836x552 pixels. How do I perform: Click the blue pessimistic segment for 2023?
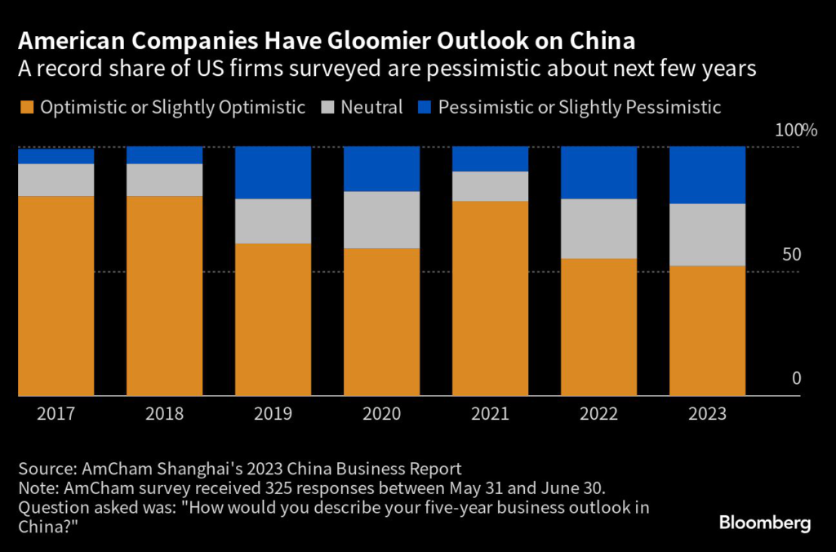pyautogui.click(x=707, y=175)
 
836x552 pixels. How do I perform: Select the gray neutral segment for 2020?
pyautogui.click(x=381, y=220)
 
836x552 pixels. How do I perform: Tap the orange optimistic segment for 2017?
pyautogui.click(x=56, y=296)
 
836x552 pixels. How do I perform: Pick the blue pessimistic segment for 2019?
pyautogui.click(x=273, y=172)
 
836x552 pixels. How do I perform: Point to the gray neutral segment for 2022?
pyautogui.click(x=598, y=229)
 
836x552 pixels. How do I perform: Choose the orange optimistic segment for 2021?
pyautogui.click(x=490, y=298)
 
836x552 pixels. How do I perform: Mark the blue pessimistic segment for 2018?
pyautogui.click(x=164, y=155)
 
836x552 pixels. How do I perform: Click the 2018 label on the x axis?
pyautogui.click(x=164, y=414)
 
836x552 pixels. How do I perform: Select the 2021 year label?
pyautogui.click(x=490, y=414)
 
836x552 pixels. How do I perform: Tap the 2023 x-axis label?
pyautogui.click(x=707, y=414)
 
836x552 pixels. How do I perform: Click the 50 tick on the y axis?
pyautogui.click(x=791, y=255)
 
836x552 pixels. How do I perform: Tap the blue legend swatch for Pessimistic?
pyautogui.click(x=424, y=107)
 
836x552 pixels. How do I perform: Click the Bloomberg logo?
pyautogui.click(x=765, y=523)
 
